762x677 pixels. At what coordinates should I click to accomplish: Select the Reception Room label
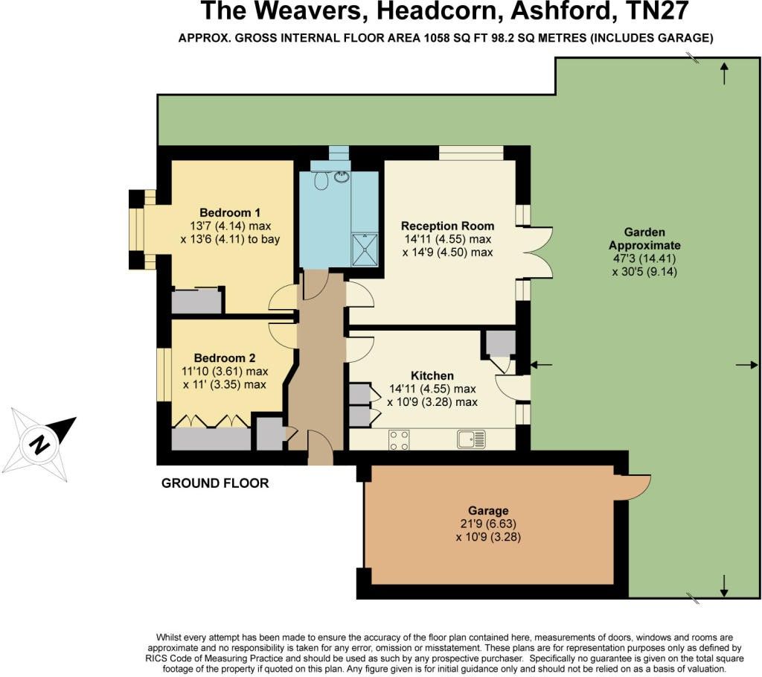pyautogui.click(x=447, y=226)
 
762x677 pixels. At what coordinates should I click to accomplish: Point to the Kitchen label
pyautogui.click(x=432, y=375)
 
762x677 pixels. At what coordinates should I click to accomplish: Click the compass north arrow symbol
pyautogui.click(x=44, y=442)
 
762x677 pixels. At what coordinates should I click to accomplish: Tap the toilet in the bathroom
pyautogui.click(x=322, y=181)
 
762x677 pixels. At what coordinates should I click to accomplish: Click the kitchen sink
pyautogui.click(x=471, y=439)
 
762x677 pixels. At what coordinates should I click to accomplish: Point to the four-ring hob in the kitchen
pyautogui.click(x=399, y=440)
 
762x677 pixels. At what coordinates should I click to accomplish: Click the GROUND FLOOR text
pyautogui.click(x=215, y=483)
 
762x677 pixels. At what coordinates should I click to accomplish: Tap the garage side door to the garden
pyautogui.click(x=633, y=486)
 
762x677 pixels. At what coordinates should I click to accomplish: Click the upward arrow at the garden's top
pyautogui.click(x=724, y=73)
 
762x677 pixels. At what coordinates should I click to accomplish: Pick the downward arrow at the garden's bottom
pyautogui.click(x=724, y=586)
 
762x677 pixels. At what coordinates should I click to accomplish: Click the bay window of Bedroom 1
pyautogui.click(x=136, y=230)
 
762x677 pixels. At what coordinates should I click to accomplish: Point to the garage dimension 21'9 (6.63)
pyautogui.click(x=489, y=524)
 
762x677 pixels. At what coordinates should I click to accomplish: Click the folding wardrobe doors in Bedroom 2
pyautogui.click(x=211, y=421)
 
